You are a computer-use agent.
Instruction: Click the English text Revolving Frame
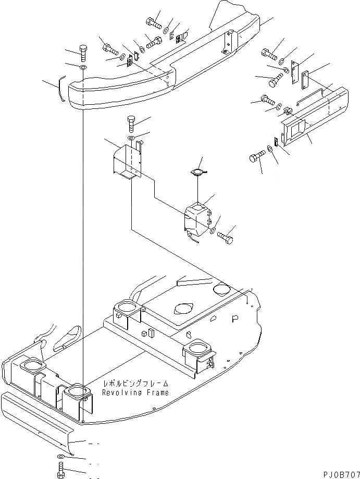(135, 392)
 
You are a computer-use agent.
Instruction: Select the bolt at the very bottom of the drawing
(60, 468)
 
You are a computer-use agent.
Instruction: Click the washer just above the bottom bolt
(61, 456)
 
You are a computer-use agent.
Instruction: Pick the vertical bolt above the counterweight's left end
(83, 54)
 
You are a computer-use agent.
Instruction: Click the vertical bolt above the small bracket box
(131, 126)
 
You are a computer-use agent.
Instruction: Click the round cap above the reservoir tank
(197, 173)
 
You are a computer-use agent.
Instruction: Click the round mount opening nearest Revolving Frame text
(77, 390)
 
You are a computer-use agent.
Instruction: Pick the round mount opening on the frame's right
(199, 348)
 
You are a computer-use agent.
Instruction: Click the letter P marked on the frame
(234, 316)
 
